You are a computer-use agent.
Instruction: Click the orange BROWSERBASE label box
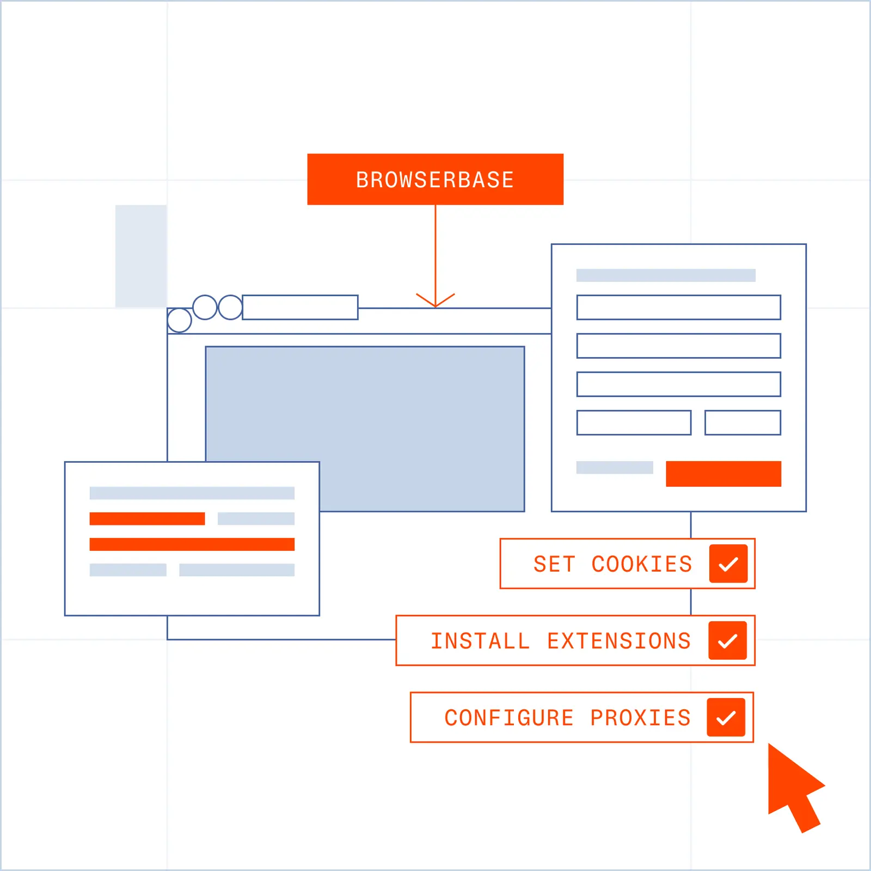click(x=435, y=179)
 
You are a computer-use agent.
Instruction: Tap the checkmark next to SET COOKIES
click(x=728, y=563)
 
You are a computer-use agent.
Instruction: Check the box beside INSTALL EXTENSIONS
click(x=728, y=640)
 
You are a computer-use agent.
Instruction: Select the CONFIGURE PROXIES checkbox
click(x=726, y=717)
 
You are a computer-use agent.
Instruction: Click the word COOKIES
click(x=642, y=564)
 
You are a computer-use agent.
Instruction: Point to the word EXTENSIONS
click(x=619, y=641)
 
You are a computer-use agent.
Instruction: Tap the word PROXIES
click(x=640, y=717)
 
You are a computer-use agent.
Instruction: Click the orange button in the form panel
click(x=723, y=474)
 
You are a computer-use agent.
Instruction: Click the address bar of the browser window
click(x=300, y=307)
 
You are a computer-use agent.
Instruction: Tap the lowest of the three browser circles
click(x=179, y=320)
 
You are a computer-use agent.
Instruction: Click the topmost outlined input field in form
click(x=679, y=307)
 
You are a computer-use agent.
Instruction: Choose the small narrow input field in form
click(x=743, y=422)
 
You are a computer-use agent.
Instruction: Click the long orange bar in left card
click(x=192, y=544)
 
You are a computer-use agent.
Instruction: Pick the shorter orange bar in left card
click(x=147, y=519)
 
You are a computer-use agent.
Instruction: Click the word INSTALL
click(x=480, y=641)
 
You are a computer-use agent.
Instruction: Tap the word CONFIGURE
click(x=509, y=717)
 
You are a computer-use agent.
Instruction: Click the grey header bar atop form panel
click(x=666, y=275)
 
